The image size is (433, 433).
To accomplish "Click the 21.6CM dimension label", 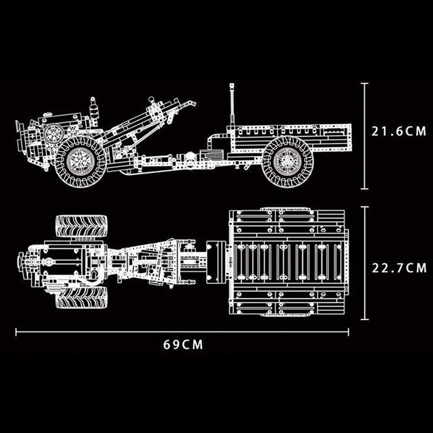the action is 399,131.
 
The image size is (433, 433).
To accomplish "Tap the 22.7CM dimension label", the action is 399,268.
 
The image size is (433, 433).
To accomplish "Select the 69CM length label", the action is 183,345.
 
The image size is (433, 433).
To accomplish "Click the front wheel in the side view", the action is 81,161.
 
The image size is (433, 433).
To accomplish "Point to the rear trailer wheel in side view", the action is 287,162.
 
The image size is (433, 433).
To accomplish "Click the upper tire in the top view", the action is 82,226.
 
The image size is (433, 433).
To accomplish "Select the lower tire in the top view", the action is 82,297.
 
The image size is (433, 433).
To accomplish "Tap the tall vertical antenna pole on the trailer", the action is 232,104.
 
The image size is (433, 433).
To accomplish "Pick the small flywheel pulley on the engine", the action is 54,133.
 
